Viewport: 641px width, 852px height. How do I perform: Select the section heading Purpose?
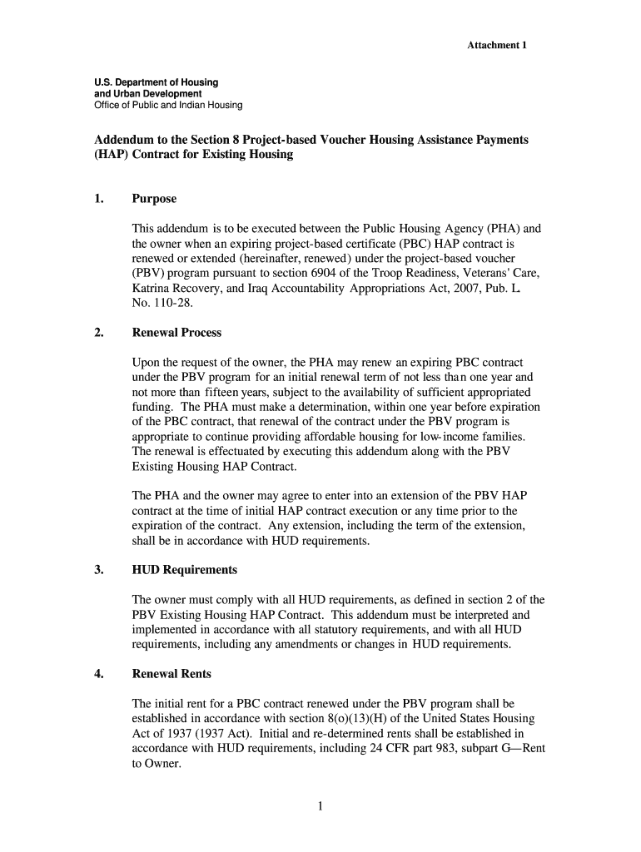click(x=154, y=200)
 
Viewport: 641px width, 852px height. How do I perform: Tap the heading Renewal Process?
click(x=176, y=333)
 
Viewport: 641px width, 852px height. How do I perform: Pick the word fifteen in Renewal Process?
click(x=223, y=393)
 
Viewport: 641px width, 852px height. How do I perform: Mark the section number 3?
click(x=98, y=570)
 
